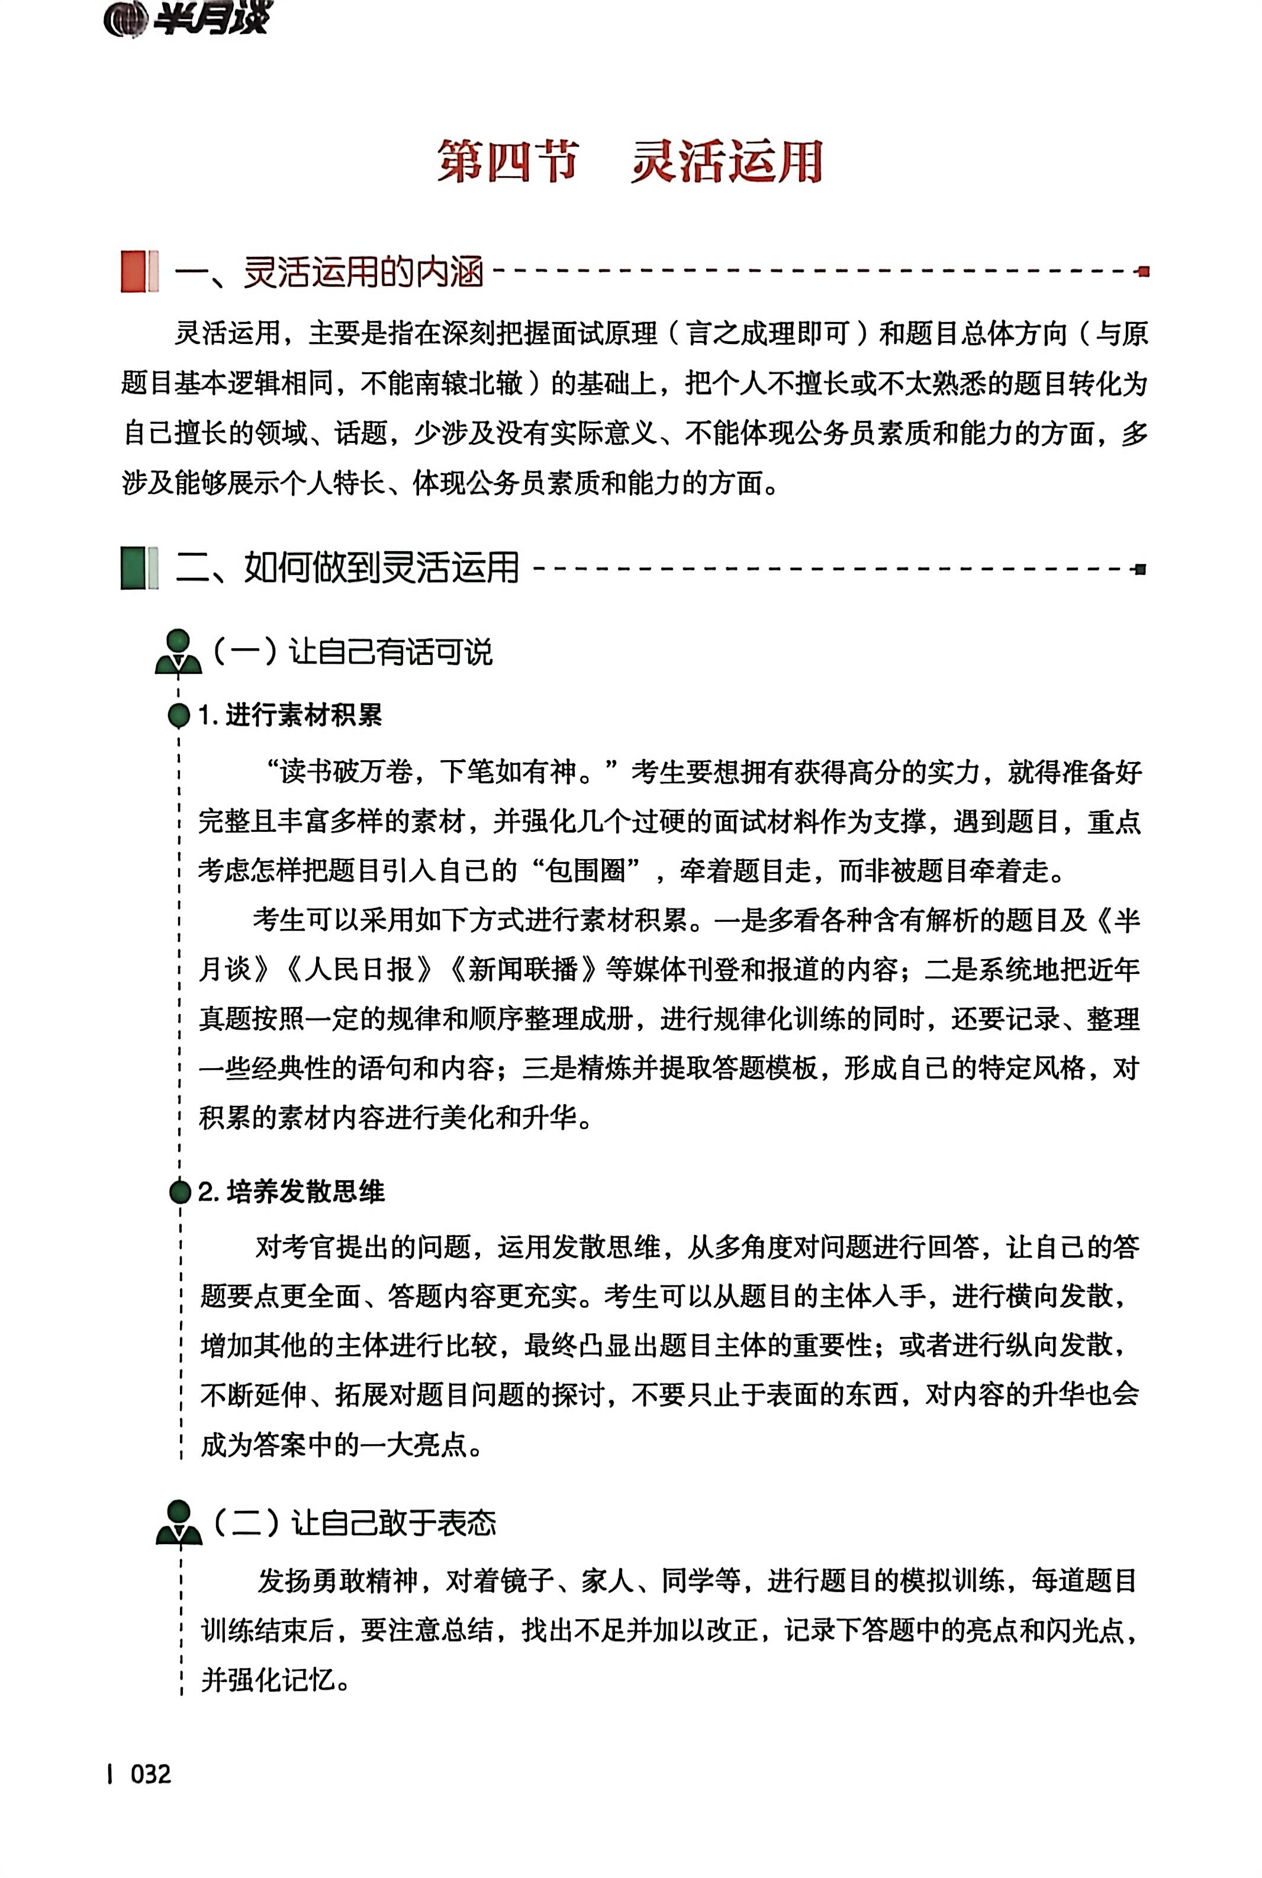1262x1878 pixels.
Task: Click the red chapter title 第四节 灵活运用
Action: coord(629,161)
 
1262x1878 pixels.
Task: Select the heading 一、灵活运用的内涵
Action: coord(329,272)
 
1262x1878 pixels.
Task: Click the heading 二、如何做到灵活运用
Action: coord(347,568)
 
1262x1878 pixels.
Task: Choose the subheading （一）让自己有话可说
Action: coord(352,652)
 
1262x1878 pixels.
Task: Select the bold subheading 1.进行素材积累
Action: coord(289,715)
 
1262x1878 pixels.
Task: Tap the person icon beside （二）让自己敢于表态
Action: coord(179,1522)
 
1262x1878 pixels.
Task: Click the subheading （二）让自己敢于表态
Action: coord(354,1522)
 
